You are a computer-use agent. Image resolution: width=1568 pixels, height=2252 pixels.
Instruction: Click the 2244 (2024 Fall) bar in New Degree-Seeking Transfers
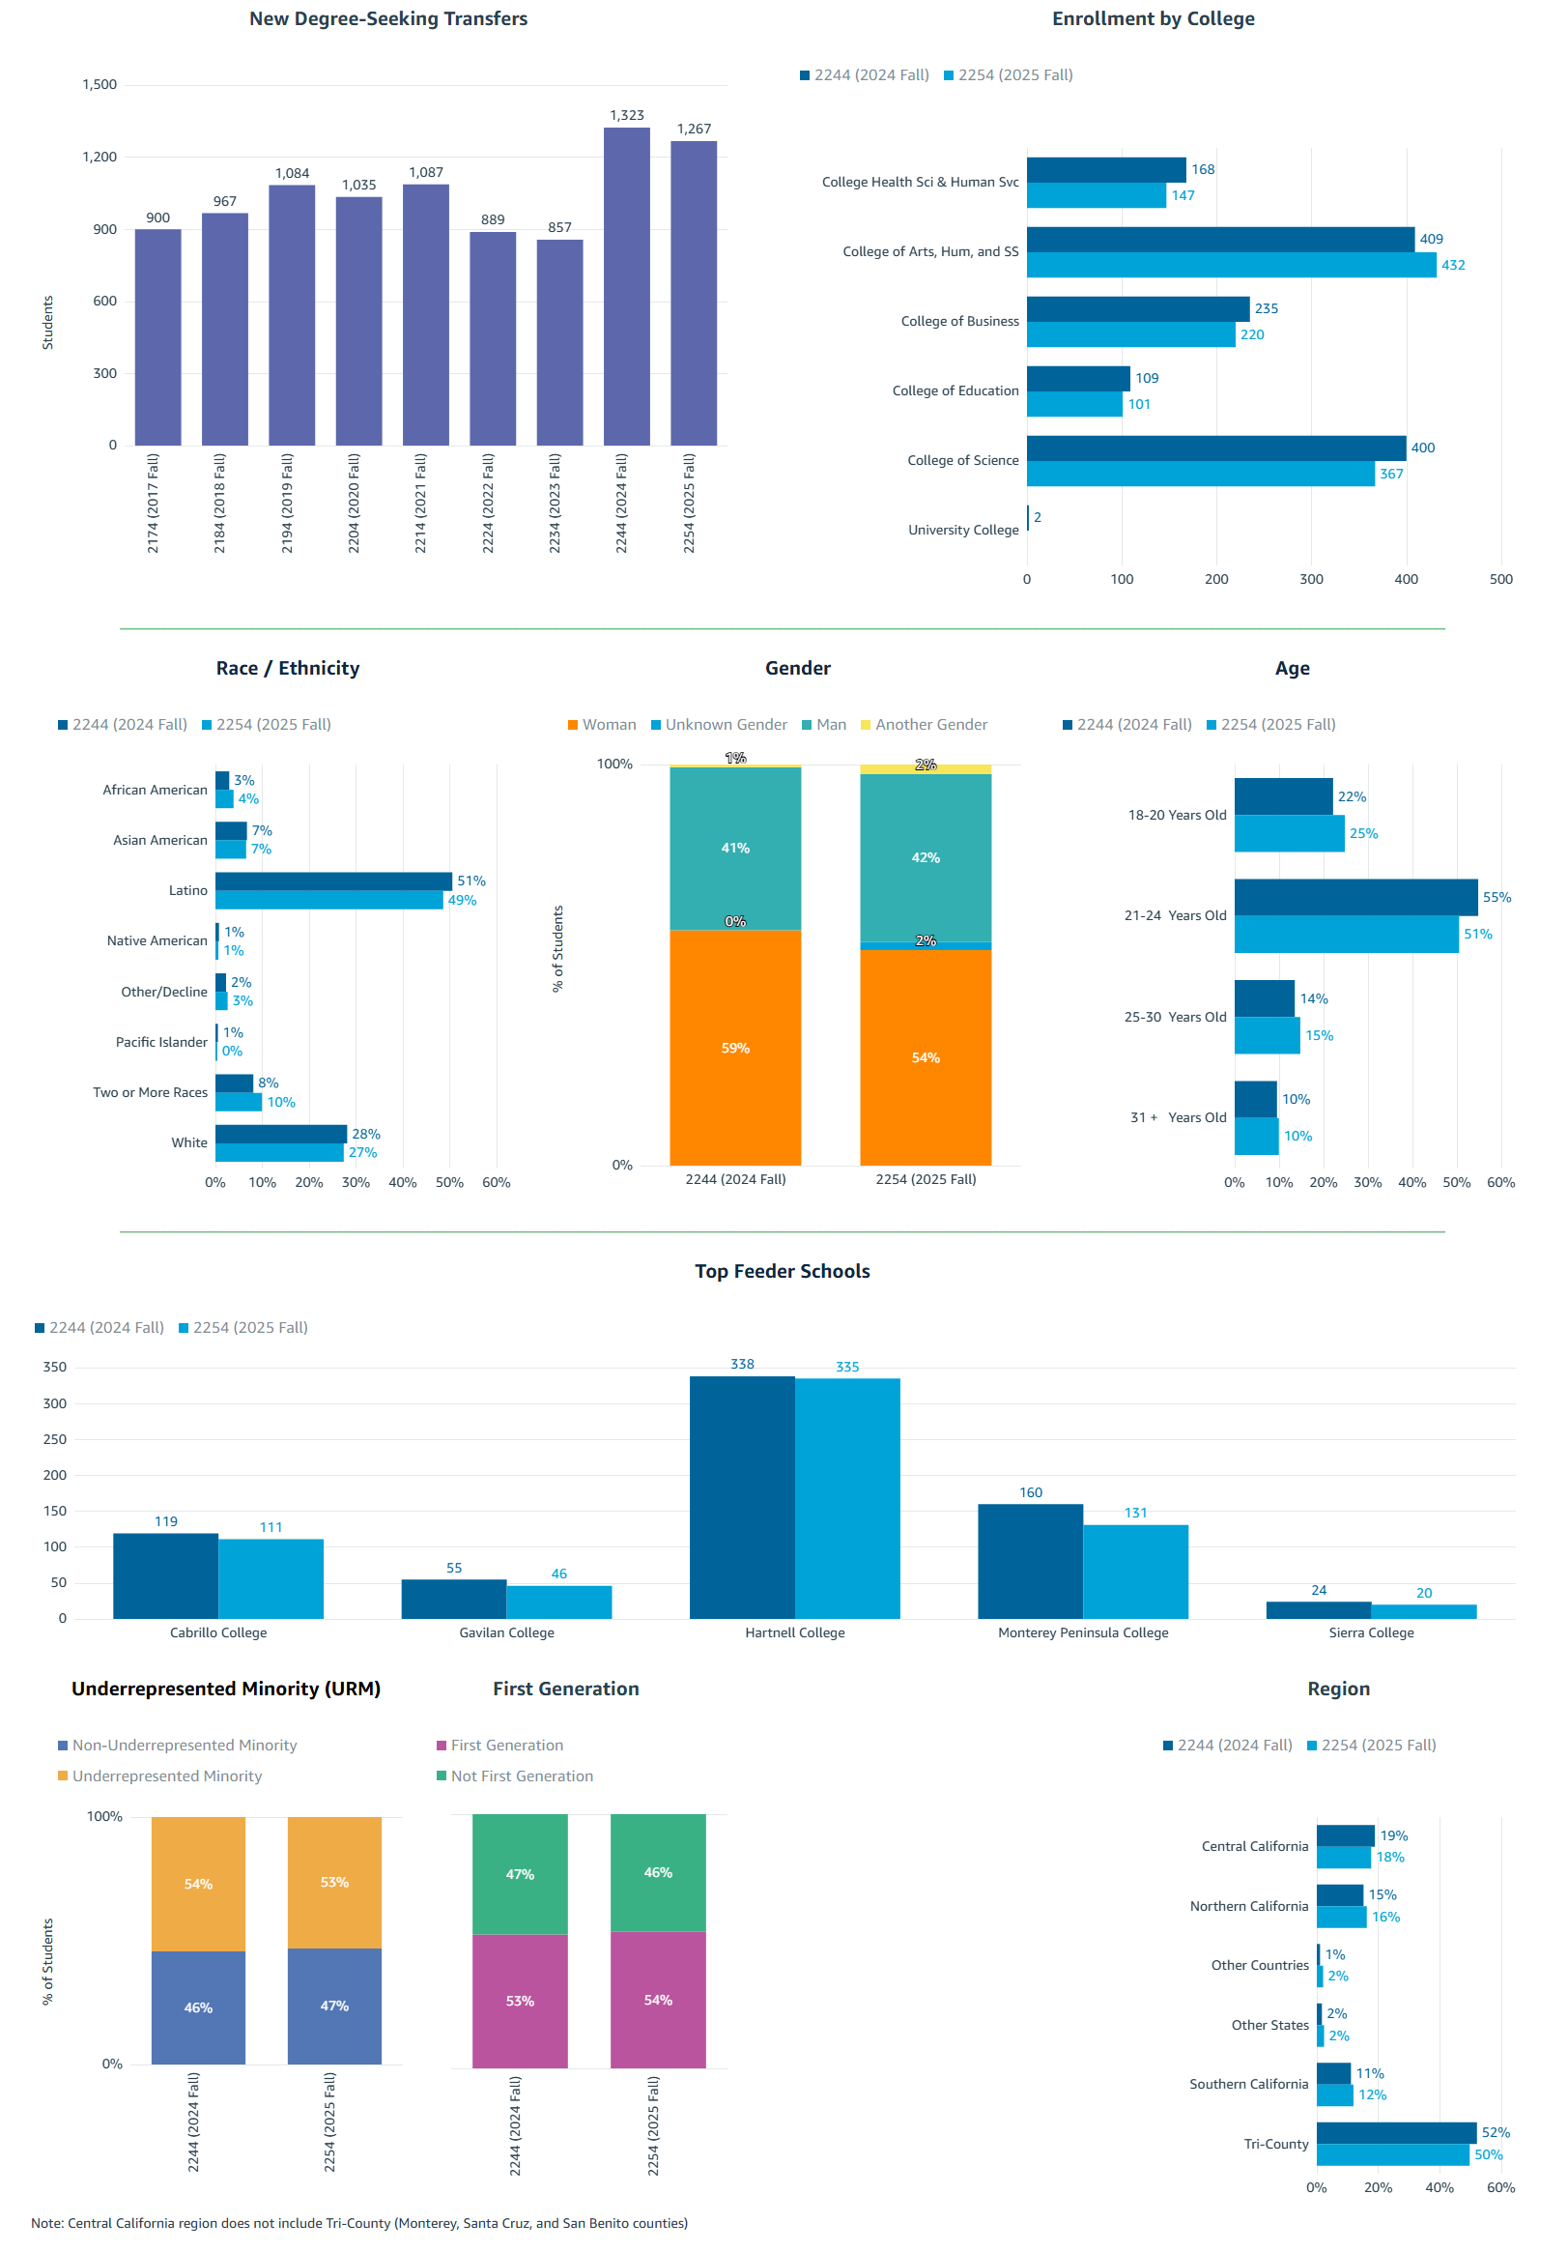click(626, 286)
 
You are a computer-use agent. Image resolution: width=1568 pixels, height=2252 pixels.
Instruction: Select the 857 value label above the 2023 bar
click(559, 227)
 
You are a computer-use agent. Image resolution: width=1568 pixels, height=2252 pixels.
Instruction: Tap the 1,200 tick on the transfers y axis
click(100, 157)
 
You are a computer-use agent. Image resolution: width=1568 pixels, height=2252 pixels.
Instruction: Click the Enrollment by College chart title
click(1153, 18)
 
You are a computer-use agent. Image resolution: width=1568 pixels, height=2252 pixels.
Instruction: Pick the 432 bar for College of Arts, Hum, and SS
click(1230, 265)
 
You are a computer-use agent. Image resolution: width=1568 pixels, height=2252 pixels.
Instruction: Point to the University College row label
click(962, 530)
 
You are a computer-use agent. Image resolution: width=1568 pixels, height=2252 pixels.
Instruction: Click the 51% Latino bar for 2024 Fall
click(333, 881)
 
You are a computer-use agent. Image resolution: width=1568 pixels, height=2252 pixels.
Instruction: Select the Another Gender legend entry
click(929, 724)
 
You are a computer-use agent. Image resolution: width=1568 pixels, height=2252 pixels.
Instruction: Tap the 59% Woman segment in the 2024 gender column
click(734, 1047)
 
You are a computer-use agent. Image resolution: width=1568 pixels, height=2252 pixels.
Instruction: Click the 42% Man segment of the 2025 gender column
click(925, 856)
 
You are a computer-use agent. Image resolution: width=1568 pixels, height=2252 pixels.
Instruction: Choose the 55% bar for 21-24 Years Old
click(1354, 897)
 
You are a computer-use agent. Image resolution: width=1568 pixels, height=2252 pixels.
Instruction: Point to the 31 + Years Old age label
click(1177, 1117)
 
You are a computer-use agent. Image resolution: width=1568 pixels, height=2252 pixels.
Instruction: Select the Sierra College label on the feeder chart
click(1370, 1632)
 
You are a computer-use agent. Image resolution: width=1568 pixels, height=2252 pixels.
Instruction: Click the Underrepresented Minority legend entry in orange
click(166, 1776)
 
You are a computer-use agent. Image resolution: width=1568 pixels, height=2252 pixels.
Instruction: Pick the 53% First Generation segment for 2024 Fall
click(519, 2000)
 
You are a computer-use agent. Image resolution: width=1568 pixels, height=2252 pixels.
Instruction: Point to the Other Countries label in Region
click(1258, 1965)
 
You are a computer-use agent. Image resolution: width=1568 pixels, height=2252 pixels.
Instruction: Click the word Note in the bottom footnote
click(46, 2223)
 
